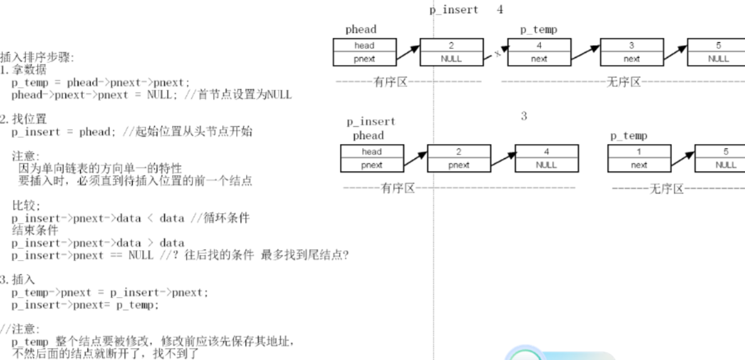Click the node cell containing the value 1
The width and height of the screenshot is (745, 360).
point(639,152)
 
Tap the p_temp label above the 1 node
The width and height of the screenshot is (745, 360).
point(629,136)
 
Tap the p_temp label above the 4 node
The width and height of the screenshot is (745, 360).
point(538,30)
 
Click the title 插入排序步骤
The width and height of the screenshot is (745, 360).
point(37,58)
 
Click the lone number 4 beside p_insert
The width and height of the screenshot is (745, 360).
point(500,10)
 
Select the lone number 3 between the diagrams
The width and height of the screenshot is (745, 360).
point(523,116)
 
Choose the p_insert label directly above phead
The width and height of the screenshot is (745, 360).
point(371,122)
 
